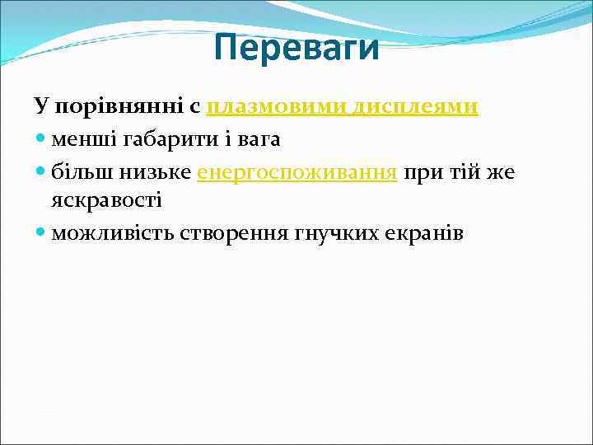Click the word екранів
pyautogui.click(x=424, y=233)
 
